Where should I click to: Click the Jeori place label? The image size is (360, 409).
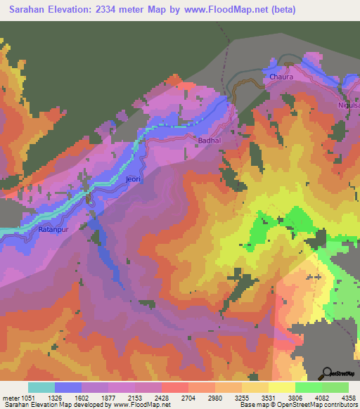133,179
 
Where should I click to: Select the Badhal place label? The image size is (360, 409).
208,141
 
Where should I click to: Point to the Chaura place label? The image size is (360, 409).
281,77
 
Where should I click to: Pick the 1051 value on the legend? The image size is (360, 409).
29,398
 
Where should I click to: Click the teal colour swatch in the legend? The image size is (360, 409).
41,387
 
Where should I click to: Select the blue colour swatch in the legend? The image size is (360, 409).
68,387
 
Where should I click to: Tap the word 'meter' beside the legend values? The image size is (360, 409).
11,398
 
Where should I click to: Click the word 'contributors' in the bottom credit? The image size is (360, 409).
341,405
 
